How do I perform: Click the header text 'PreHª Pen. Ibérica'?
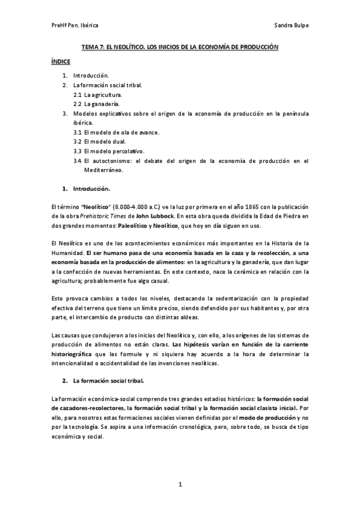tap(75, 26)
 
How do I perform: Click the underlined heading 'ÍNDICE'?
tap(60, 61)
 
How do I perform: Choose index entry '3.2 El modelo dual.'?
tap(101, 141)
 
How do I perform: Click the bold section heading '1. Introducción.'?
tap(88, 188)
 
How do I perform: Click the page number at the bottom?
tap(180, 484)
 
